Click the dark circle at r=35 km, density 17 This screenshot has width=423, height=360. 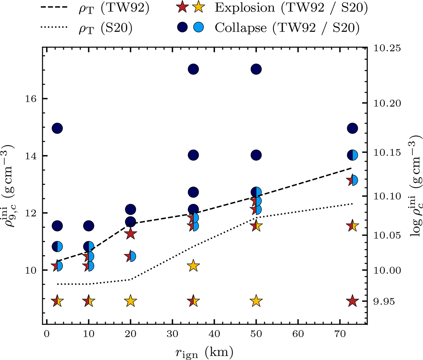193,69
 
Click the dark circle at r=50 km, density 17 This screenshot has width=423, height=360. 256,69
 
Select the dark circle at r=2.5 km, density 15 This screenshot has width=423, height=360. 57,128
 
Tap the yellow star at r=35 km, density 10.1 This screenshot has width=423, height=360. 193,266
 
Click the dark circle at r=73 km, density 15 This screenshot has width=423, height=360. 352,128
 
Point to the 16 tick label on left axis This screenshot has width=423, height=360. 31,99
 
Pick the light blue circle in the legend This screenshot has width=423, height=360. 200,28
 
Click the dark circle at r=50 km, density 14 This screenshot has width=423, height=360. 256,155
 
